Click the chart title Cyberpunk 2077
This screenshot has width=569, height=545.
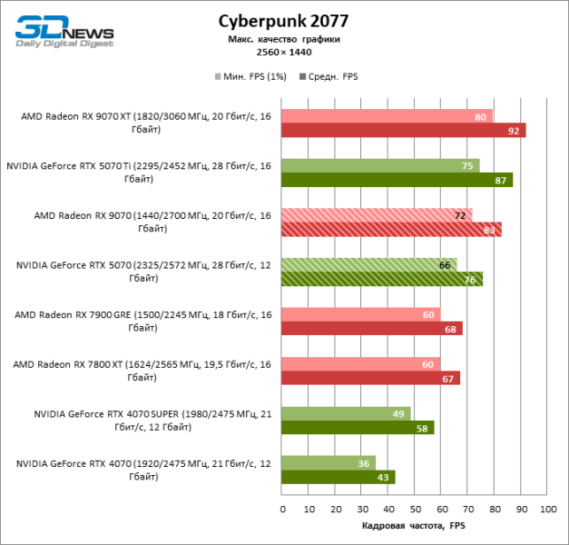(x=283, y=20)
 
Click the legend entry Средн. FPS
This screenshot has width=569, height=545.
(x=329, y=76)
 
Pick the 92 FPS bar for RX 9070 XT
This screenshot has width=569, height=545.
(x=403, y=130)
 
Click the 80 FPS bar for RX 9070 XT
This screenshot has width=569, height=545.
(x=387, y=116)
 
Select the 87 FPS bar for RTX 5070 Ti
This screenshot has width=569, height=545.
(x=397, y=180)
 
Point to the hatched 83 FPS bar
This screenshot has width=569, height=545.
(x=391, y=229)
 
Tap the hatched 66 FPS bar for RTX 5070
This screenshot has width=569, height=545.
(x=368, y=265)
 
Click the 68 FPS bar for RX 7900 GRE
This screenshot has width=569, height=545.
(x=371, y=328)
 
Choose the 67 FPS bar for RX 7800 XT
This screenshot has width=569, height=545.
(x=370, y=378)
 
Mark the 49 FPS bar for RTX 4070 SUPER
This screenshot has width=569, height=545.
(x=346, y=413)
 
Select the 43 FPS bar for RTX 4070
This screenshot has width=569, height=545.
(x=338, y=477)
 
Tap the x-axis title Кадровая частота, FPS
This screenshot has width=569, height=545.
(x=414, y=526)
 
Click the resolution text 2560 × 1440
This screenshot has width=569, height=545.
(x=283, y=53)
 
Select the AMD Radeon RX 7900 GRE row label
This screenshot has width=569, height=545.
(x=142, y=321)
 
